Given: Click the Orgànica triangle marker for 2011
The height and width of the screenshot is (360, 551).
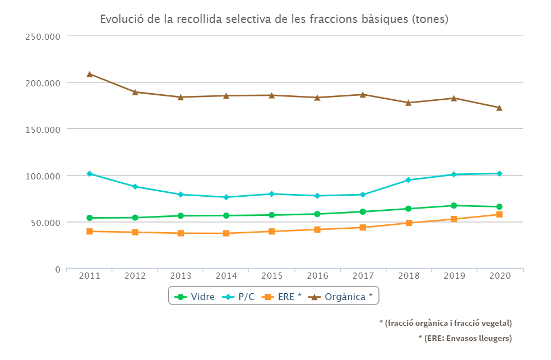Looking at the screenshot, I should point(90,74).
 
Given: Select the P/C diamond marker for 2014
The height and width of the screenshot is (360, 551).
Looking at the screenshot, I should point(226,197).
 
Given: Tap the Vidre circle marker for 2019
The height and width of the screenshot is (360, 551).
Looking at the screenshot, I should point(453,206).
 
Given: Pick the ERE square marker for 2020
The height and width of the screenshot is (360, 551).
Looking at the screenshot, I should point(499,215).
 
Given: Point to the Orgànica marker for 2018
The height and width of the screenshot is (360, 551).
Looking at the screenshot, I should point(408,103).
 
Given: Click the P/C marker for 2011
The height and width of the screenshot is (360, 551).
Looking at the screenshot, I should point(90,174).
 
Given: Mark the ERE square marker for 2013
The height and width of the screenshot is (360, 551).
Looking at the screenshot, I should point(181,233).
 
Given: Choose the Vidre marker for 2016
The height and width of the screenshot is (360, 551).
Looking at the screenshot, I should point(317,214).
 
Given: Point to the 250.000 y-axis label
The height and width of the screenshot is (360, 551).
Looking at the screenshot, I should point(43,36).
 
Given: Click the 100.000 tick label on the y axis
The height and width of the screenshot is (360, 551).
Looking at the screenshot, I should point(43,176).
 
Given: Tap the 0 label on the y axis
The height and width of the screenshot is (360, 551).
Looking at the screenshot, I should point(57,270).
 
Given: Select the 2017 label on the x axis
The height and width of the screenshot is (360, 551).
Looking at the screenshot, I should point(363,276).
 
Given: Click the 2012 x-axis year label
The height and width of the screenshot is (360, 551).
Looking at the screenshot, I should point(135,276).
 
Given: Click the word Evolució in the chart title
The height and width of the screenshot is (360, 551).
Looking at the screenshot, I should point(121,19).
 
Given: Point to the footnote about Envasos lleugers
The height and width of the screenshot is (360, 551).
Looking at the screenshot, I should point(465,338).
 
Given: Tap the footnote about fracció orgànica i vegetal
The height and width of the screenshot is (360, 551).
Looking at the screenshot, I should point(445,323).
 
